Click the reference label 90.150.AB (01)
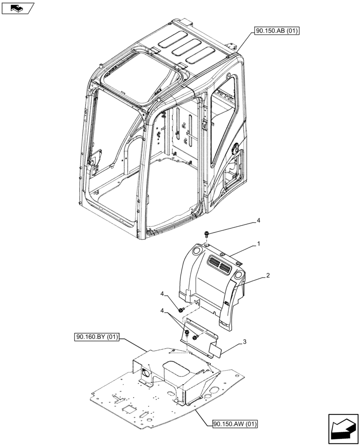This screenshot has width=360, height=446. point(277,31)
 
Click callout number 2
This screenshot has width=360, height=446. point(268,276)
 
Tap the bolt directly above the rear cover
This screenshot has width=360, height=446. point(207,234)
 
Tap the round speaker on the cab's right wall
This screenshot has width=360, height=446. point(235,148)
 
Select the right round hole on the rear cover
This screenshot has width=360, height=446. point(238,274)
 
